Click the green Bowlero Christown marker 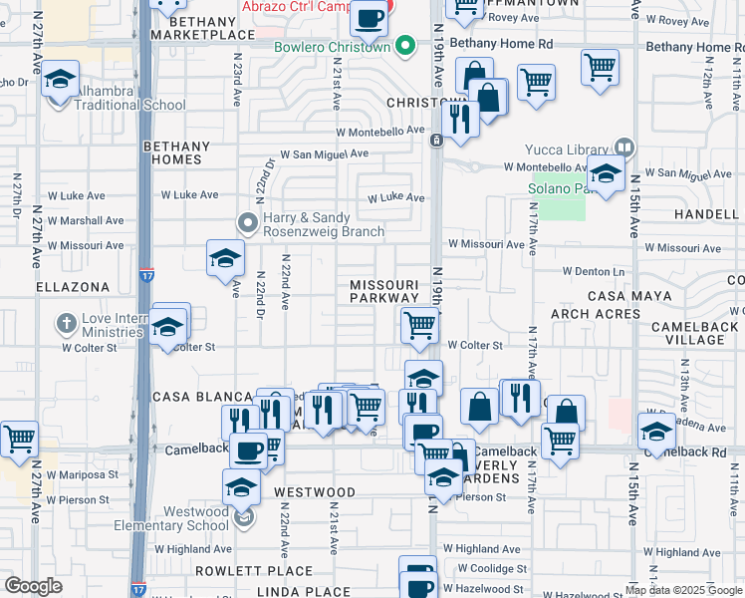[x=404, y=45]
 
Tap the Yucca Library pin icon [x=624, y=149]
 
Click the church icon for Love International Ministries [x=67, y=324]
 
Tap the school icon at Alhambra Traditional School [x=61, y=81]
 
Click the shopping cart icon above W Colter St [x=420, y=325]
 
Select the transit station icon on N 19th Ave [x=436, y=141]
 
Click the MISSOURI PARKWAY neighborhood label [x=384, y=291]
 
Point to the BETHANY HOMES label [x=176, y=152]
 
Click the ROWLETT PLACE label [x=240, y=571]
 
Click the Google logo [x=33, y=586]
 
